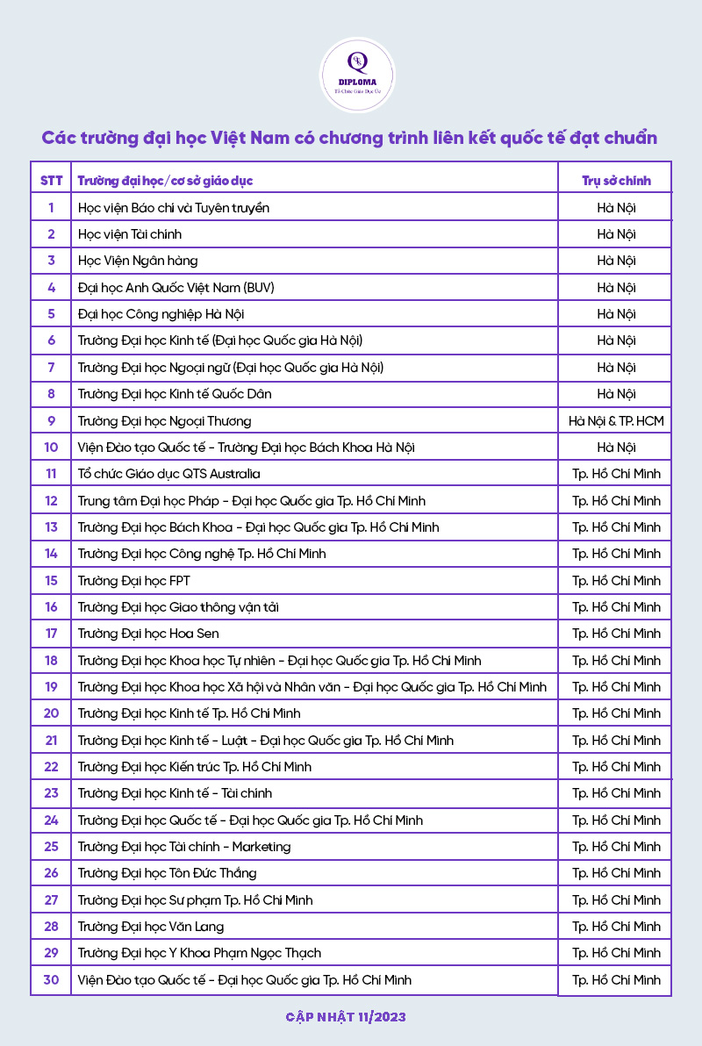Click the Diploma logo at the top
357,75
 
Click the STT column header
52,181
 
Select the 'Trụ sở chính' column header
616,181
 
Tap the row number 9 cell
52,420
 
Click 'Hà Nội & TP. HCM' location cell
616,420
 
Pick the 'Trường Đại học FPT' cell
134,580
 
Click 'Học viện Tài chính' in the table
130,234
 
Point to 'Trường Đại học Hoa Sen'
148,634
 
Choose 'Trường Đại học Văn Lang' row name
151,927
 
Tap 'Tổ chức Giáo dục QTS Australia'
169,474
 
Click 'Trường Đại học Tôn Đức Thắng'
168,873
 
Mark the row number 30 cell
52,979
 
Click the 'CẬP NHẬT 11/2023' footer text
346,1017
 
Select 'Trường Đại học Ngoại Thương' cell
165,420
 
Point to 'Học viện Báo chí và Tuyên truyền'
174,207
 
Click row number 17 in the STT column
52,634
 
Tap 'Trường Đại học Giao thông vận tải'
179,607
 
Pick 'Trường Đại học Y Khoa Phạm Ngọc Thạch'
200,953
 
